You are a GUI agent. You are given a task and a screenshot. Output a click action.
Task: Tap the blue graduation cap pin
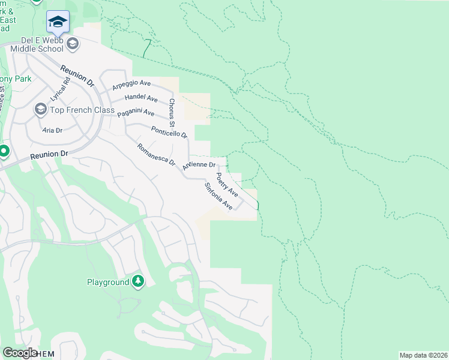58,22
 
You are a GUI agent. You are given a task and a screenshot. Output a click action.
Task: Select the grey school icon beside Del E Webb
73,43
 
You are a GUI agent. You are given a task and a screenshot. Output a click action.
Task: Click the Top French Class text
74,110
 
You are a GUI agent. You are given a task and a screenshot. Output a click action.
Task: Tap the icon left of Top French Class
40,109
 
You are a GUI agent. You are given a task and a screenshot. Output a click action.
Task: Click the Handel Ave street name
140,98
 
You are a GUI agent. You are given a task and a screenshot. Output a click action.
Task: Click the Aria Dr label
52,129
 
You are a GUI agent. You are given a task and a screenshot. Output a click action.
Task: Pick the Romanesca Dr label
155,154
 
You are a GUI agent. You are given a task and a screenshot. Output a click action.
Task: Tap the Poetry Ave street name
226,185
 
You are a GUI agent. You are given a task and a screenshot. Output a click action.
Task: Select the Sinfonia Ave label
218,196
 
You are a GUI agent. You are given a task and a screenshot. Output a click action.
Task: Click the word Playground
108,282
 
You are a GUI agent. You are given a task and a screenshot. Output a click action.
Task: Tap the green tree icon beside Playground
138,281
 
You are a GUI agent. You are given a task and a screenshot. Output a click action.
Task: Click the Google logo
20,353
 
